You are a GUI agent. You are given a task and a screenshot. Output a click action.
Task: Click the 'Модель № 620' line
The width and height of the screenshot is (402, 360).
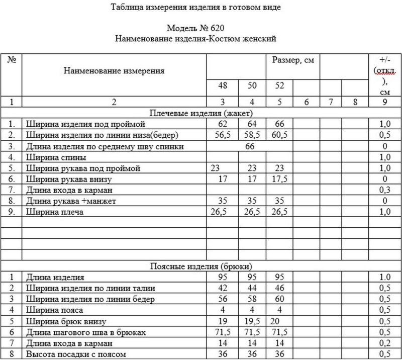(x=196, y=29)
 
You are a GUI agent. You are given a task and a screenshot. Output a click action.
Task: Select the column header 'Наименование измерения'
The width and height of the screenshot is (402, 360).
(x=114, y=71)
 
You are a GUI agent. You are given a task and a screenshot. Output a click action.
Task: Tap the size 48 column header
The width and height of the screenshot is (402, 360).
(x=222, y=86)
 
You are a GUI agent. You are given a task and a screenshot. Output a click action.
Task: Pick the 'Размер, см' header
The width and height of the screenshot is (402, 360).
(x=293, y=60)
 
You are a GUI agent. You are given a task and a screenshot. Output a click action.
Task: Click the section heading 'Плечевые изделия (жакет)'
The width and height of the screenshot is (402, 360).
(x=201, y=112)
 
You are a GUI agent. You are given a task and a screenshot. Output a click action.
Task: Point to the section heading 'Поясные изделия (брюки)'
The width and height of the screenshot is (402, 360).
(x=201, y=266)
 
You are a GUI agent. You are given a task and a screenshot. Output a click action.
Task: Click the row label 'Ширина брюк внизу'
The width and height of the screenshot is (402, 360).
(x=63, y=321)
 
